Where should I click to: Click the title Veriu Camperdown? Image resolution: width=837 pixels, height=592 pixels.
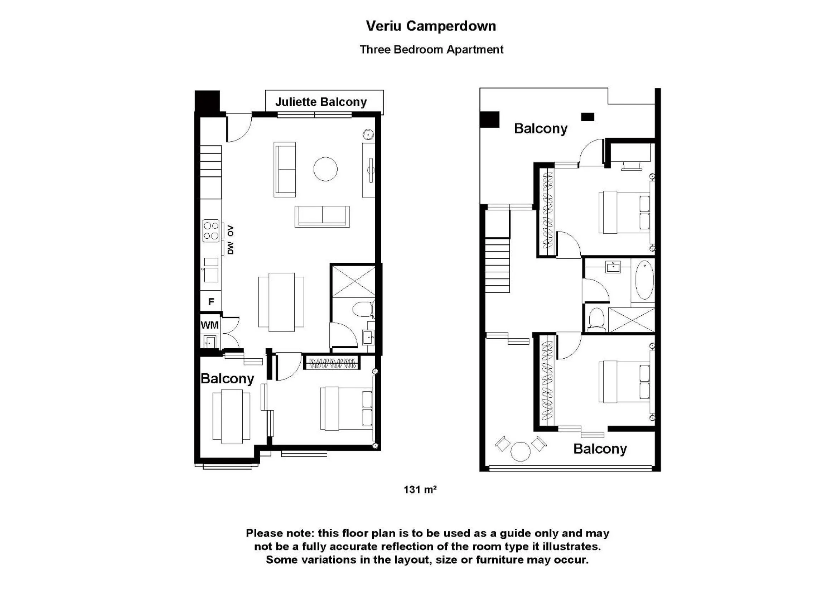pyautogui.click(x=431, y=26)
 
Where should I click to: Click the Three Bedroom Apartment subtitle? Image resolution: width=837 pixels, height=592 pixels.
pyautogui.click(x=431, y=50)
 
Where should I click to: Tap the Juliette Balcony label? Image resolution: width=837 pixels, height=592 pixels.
pyautogui.click(x=321, y=102)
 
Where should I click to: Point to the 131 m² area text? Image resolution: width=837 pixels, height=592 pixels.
pyautogui.click(x=420, y=490)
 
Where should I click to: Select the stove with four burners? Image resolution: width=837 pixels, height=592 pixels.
pyautogui.click(x=211, y=231)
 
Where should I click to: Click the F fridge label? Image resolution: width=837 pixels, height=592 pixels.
pyautogui.click(x=211, y=301)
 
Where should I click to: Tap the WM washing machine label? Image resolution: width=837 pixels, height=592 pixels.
pyautogui.click(x=210, y=325)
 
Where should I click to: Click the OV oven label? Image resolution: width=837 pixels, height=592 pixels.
pyautogui.click(x=231, y=231)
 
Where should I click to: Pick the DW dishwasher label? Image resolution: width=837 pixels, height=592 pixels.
pyautogui.click(x=231, y=248)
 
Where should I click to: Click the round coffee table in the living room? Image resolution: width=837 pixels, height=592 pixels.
pyautogui.click(x=325, y=169)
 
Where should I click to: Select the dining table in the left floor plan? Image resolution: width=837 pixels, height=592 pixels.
pyautogui.click(x=281, y=302)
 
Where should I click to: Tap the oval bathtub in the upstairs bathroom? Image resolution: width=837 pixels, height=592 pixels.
pyautogui.click(x=644, y=280)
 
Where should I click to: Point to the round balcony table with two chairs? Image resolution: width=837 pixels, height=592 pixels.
pyautogui.click(x=520, y=451)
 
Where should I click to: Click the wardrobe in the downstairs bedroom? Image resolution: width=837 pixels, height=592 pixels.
pyautogui.click(x=332, y=363)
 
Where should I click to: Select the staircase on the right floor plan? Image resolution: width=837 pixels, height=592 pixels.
pyautogui.click(x=497, y=265)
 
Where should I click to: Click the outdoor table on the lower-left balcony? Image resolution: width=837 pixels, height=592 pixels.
pyautogui.click(x=232, y=416)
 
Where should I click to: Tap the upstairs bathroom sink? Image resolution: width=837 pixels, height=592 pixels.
pyautogui.click(x=613, y=267)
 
